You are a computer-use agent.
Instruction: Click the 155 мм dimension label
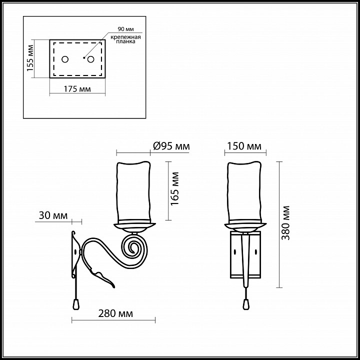pyautogui.click(x=30, y=57)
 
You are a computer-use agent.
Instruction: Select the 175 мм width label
pyautogui.click(x=77, y=89)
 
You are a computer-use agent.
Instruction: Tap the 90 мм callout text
pyautogui.click(x=125, y=29)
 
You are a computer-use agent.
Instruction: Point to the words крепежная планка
pyautogui.click(x=125, y=39)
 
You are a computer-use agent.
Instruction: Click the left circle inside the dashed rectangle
pyautogui.click(x=65, y=59)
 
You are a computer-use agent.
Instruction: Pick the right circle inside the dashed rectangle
pyautogui.click(x=90, y=59)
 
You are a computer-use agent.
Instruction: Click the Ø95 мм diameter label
pyautogui.click(x=171, y=146)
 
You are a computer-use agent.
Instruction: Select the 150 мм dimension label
pyautogui.click(x=244, y=146)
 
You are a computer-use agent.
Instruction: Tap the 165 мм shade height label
pyautogui.click(x=175, y=188)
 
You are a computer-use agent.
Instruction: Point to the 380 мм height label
pyautogui.click(x=286, y=223)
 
